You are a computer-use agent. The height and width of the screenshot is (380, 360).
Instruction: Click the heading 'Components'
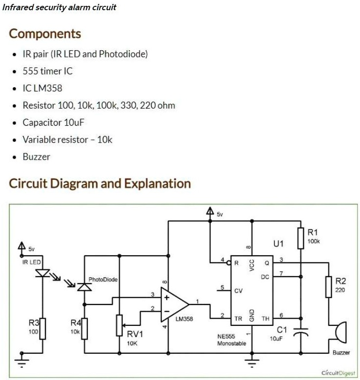[45, 34]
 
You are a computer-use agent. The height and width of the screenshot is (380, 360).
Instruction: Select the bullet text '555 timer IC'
[47, 71]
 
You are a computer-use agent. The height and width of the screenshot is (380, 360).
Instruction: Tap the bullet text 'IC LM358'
[42, 88]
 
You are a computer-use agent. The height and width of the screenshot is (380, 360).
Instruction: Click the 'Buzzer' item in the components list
[36, 156]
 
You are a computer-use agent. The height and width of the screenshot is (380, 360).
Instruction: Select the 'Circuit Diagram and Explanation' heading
[100, 184]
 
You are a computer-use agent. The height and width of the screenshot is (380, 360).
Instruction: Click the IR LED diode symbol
[43, 274]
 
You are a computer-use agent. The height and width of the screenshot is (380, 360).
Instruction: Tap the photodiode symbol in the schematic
[84, 287]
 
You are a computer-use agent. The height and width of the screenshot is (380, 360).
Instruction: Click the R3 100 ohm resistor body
[43, 328]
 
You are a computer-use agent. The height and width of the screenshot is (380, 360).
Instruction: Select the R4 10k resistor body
[84, 328]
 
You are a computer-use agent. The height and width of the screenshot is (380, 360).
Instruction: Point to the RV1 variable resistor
[120, 325]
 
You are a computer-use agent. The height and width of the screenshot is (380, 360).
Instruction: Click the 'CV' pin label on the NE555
[238, 291]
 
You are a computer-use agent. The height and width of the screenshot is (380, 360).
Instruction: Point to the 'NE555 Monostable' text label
[232, 340]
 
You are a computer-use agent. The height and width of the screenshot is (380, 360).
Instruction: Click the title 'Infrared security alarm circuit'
[60, 8]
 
